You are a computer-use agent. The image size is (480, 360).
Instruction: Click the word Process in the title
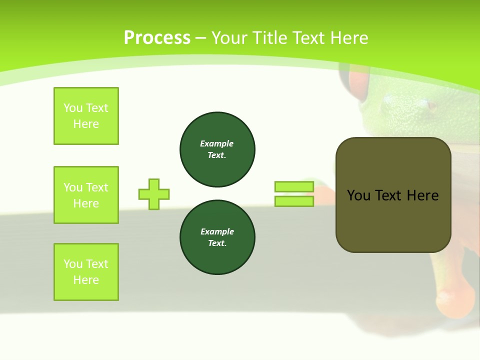pos(157,38)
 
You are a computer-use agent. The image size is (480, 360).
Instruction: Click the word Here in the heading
pos(349,38)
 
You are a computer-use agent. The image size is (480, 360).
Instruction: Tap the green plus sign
pos(154,194)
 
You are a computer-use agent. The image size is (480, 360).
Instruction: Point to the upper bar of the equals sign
pos(294,186)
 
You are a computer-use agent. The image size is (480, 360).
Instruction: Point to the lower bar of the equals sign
pos(294,201)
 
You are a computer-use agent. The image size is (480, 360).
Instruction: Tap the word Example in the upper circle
pos(216,143)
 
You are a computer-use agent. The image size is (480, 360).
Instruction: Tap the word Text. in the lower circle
pos(217,243)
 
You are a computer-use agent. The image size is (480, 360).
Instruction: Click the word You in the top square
pos(73,108)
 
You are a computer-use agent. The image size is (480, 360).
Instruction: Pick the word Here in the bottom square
pos(86,280)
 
